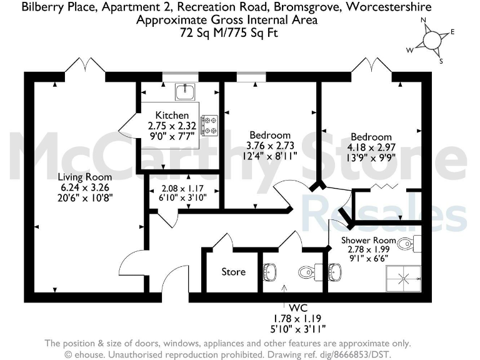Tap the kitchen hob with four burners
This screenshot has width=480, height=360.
coord(209,125)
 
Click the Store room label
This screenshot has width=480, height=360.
coord(234,272)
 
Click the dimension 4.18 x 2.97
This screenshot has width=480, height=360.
coord(371,147)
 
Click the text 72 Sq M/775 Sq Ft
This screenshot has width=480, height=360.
coord(227,31)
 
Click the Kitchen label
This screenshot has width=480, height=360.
coord(172,115)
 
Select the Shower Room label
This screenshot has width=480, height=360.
coord(368,240)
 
